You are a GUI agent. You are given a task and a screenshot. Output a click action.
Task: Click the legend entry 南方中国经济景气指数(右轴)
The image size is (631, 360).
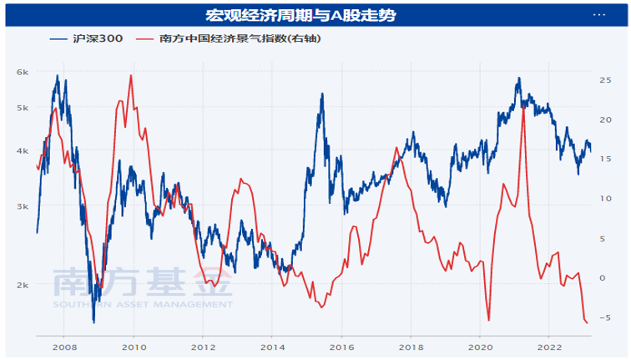click(x=230, y=39)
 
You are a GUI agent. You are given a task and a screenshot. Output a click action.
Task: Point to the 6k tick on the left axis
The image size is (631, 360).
click(x=23, y=73)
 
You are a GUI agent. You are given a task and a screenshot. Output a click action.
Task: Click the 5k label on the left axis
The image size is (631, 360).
click(x=23, y=108)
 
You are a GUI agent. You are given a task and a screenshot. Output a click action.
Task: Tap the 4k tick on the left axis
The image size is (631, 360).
click(x=23, y=150)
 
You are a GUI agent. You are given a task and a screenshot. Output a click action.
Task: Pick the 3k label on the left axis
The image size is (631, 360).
click(x=23, y=206)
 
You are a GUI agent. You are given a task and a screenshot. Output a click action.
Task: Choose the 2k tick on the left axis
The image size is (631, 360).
click(x=23, y=285)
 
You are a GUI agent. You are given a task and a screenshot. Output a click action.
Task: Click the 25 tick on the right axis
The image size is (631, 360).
click(x=605, y=79)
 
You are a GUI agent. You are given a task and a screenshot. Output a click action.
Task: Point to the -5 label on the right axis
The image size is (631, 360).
click(x=605, y=317)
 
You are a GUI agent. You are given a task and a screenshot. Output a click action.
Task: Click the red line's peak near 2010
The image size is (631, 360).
click(x=131, y=76)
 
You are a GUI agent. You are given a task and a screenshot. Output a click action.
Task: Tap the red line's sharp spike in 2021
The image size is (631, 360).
click(x=523, y=108)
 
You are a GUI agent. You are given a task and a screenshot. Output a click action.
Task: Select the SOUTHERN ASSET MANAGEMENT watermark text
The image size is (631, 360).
click(x=142, y=305)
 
